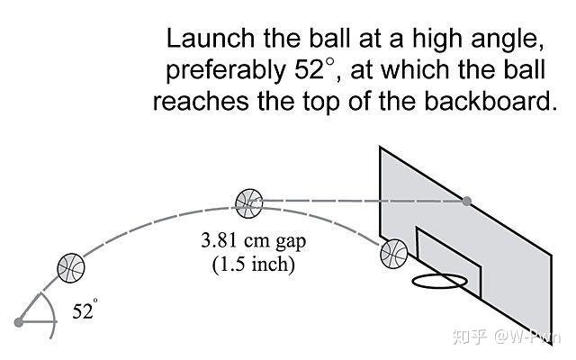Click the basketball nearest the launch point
coord(71,268)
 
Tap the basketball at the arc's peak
coord(249,203)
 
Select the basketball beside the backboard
coord(394,254)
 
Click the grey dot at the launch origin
coord(18,322)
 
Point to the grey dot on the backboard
coord(466,201)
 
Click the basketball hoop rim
coord(440,282)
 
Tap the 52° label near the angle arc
coord(85,310)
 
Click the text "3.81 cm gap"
coord(254,241)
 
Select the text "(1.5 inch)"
coord(254,264)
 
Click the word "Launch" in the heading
coord(211,38)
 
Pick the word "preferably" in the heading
coord(226,70)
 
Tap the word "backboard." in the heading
coord(490,101)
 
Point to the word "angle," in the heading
coord(508,40)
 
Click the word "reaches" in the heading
coord(201,102)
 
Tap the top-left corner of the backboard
coord(380,147)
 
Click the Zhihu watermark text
coord(507,337)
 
